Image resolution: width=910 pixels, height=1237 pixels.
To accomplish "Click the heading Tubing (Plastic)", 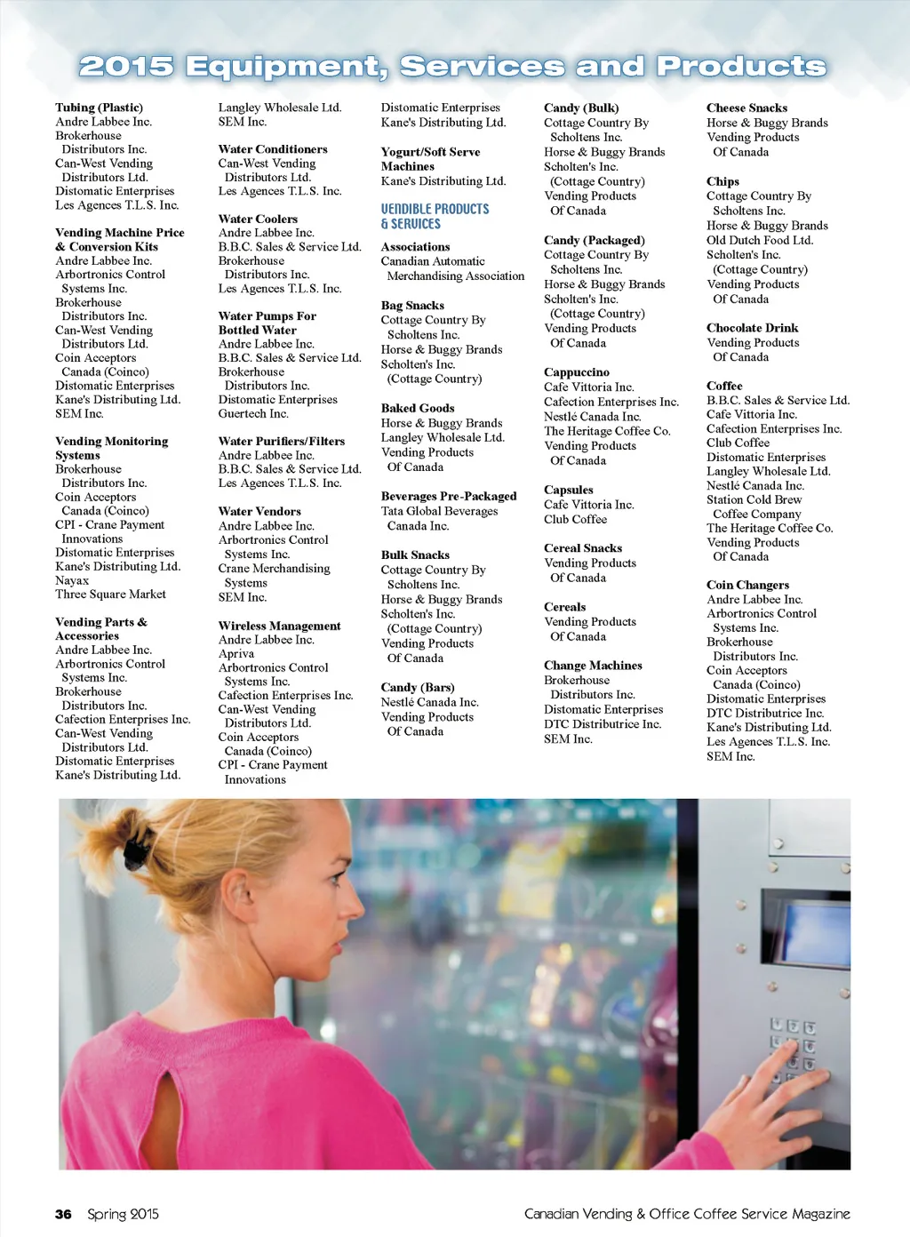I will tap(99, 108).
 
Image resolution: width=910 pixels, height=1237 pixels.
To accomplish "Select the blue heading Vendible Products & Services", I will tap(435, 216).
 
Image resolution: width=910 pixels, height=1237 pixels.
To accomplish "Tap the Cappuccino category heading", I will tap(576, 372).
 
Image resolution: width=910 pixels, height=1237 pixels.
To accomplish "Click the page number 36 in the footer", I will tap(63, 1214).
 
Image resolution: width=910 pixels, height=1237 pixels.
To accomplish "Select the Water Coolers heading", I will tap(258, 219).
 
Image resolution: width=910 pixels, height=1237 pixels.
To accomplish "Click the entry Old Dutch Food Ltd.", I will tap(759, 240).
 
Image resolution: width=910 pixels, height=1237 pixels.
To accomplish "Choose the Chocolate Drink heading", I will tap(752, 328).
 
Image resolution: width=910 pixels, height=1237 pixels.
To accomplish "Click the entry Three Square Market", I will tap(110, 595).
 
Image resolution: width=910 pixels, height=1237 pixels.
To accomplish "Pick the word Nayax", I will tap(72, 580).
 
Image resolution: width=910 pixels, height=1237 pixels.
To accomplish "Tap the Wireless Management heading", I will tap(279, 626).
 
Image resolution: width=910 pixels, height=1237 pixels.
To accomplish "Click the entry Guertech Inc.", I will tap(253, 413).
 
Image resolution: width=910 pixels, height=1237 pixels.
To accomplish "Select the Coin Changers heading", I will tap(747, 585).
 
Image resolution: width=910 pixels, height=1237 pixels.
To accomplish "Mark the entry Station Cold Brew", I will tap(754, 499).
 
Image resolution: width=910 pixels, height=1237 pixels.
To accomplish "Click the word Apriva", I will tap(236, 654).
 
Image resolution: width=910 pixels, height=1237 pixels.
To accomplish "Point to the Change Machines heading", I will tap(593, 666).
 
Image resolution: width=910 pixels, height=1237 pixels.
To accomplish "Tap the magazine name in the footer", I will tap(687, 1214).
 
